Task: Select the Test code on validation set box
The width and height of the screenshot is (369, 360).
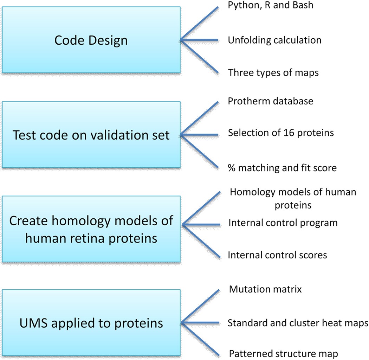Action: coord(91,134)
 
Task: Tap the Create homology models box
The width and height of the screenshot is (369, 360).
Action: coord(91,229)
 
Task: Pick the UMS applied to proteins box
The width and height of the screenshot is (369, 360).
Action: coord(91,322)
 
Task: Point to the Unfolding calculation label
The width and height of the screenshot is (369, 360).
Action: coord(274,40)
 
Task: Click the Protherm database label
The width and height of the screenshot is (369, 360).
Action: coord(271,101)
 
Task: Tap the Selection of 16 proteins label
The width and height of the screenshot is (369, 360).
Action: coord(280,133)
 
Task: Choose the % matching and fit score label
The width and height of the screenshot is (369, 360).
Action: coord(282,168)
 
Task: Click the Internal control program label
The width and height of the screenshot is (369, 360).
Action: coord(283,223)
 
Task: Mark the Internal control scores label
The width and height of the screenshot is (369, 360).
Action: coord(278,255)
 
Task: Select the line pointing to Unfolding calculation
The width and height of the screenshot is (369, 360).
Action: coord(200,40)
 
